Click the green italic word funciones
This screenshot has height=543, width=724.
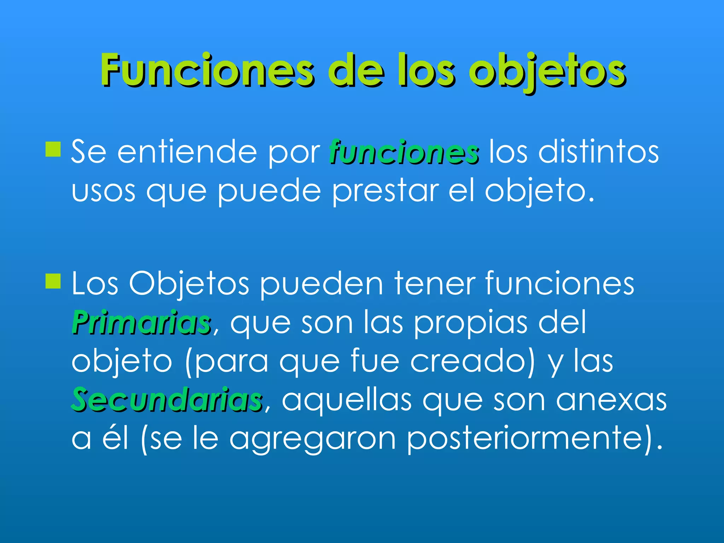click(404, 152)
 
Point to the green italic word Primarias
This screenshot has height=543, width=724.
click(141, 322)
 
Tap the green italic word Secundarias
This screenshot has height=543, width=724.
click(167, 400)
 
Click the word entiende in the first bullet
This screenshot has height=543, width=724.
click(187, 152)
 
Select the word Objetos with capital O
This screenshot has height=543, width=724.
click(189, 284)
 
